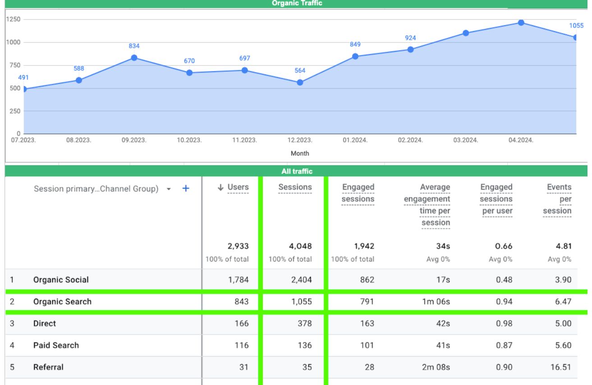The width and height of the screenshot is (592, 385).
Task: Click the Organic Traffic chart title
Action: [297, 4]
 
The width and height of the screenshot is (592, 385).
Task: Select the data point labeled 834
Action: [134, 58]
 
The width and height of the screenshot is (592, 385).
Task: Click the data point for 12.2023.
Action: [300, 82]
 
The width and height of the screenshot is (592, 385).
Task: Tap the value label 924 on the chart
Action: [410, 38]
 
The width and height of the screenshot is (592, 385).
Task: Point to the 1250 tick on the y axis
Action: [13, 20]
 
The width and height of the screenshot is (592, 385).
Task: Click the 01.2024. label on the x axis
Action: [355, 140]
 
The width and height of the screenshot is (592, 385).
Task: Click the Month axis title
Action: [300, 153]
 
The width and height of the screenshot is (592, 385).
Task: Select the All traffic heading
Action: [297, 171]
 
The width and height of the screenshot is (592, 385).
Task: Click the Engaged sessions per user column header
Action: [496, 199]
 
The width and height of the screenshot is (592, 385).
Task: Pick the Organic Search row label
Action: [62, 302]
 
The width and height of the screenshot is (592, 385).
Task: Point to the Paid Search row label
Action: [56, 345]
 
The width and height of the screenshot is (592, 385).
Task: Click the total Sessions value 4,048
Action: [300, 247]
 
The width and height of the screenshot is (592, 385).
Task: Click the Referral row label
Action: [48, 367]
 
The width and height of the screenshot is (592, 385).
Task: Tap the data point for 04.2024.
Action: [521, 23]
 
